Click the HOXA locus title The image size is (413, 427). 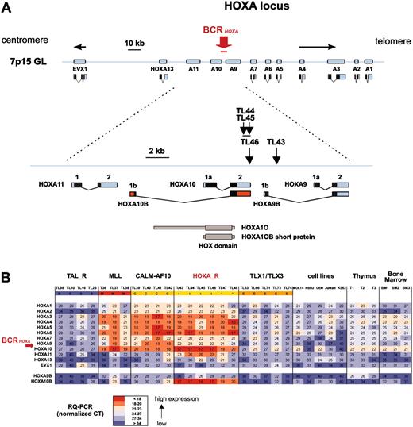tap(213, 9)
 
